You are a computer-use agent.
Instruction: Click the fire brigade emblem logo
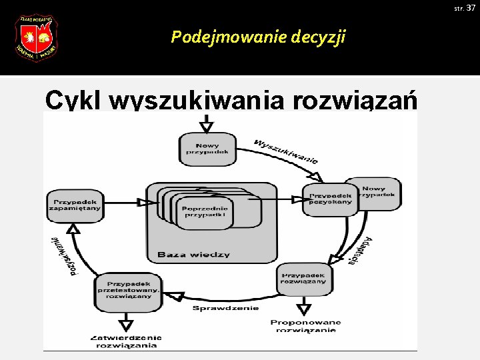coord(36,38)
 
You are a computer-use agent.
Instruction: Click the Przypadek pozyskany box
coord(329,198)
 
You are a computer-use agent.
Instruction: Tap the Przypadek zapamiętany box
coord(75,204)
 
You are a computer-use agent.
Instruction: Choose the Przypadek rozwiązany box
coord(303,278)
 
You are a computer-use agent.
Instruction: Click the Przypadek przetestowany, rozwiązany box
coord(128,292)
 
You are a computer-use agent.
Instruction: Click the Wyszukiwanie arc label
coord(286,150)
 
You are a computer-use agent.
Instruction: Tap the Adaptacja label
coord(361,251)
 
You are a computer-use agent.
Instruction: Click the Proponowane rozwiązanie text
coord(305,326)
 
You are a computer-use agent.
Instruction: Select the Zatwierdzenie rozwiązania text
coord(126,341)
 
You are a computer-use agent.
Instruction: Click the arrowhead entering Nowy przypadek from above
coord(207,126)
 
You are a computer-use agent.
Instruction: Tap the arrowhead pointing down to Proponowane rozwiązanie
coord(304,309)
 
